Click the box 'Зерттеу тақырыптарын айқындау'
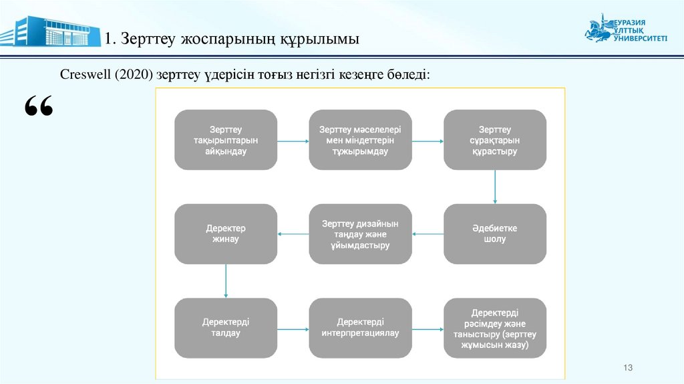coord(226,140)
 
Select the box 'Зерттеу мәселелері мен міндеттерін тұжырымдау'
coord(360,140)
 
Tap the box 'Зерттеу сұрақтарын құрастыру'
coord(494,140)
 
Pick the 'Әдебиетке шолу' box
coord(494,233)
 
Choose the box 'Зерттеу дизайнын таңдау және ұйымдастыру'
coord(360,233)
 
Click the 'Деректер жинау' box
coord(226,233)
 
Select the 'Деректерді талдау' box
coord(226,327)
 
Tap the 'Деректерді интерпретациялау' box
coord(360,327)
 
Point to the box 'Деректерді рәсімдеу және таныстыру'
coord(494,327)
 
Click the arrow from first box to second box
coord(293,141)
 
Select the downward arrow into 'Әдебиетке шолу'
coord(494,187)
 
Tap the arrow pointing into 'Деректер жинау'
coord(293,233)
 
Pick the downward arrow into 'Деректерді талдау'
coord(226,280)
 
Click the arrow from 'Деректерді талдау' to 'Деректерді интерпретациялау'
coord(293,328)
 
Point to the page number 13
coord(627,368)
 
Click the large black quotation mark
coord(38,107)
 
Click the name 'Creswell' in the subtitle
coord(83,74)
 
